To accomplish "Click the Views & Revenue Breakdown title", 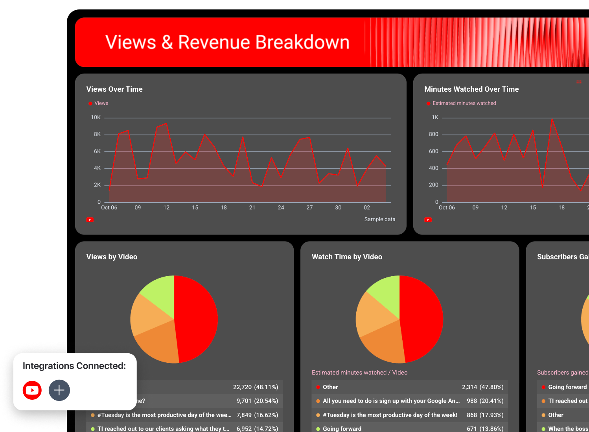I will point(227,42).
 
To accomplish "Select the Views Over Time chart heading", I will point(114,89).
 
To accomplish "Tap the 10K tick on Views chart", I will point(96,118).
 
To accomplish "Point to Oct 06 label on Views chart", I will point(109,208).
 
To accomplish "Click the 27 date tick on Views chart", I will point(309,208).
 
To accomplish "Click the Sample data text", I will point(379,220).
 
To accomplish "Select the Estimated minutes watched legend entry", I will point(464,103).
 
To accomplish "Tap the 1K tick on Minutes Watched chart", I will point(435,118).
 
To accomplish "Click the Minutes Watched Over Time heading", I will point(471,89).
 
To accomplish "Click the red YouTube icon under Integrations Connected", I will point(32,390).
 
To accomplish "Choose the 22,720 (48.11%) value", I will point(255,387).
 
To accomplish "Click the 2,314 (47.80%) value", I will point(482,387).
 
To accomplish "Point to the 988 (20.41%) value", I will point(485,401).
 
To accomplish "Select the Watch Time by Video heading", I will point(347,257).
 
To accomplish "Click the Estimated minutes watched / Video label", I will point(359,373).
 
